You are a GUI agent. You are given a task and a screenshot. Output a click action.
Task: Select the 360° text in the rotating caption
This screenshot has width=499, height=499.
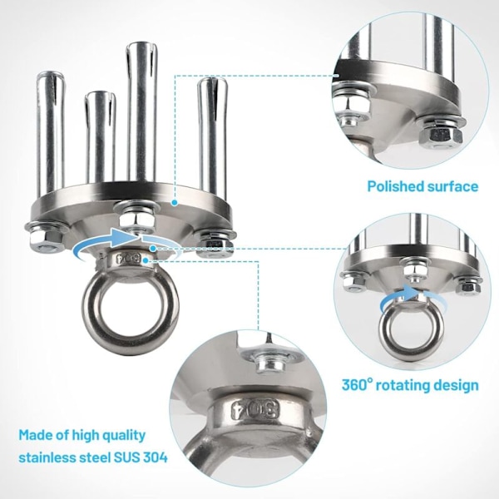(357, 385)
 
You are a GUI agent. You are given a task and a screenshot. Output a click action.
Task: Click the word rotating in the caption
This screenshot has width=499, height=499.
(403, 385)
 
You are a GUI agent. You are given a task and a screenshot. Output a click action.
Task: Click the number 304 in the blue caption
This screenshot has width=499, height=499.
(155, 457)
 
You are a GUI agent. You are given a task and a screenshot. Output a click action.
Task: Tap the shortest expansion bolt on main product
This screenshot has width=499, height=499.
(100, 138)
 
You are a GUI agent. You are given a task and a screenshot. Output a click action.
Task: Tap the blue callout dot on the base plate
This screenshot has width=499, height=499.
(174, 202)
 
